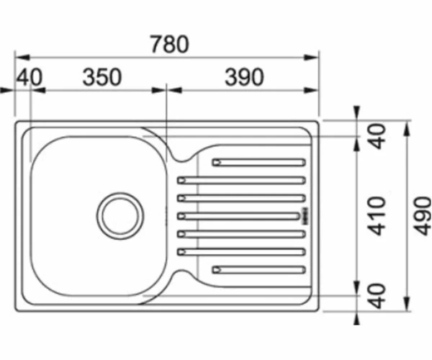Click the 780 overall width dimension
pos(170,44)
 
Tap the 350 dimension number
pos(102,77)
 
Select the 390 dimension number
pos(244,77)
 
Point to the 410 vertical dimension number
pos(377,216)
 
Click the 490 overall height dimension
pos(423,216)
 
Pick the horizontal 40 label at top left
pos(30,77)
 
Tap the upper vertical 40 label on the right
pos(377,136)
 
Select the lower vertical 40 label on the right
pos(377,295)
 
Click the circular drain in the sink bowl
pos(120,216)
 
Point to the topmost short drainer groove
pos(258,163)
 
